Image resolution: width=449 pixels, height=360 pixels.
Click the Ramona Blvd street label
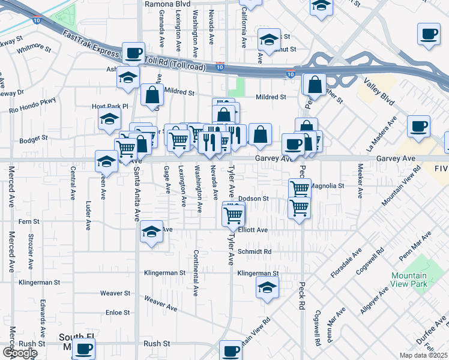point(167,4)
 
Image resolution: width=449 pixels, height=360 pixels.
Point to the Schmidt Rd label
point(255,251)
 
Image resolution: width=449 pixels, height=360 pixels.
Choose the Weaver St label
point(115,293)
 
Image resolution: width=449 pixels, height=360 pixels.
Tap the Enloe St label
point(118,313)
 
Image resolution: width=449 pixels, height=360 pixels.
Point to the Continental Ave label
point(196,273)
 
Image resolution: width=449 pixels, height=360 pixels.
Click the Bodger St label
point(34,138)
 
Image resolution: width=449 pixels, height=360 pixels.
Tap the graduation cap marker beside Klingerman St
point(267,287)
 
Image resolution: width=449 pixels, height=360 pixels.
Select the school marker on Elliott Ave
point(152,232)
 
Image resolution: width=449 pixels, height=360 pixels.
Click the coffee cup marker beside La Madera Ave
point(418,126)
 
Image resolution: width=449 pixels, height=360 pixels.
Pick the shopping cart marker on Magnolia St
point(300,188)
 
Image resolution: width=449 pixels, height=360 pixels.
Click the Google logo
point(20,353)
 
